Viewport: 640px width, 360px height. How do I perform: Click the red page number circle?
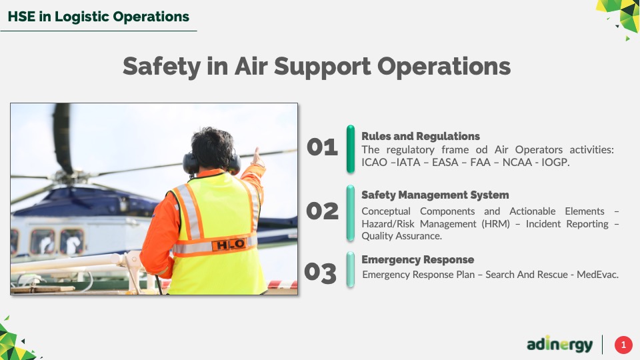pos(623,345)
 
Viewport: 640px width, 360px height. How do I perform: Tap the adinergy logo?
pos(559,345)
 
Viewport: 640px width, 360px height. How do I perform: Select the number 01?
pos(322,147)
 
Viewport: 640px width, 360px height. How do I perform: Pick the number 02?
pos(322,211)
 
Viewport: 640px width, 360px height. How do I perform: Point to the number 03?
pos(321,273)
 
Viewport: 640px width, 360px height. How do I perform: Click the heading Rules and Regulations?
pos(421,136)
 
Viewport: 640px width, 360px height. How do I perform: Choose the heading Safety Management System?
pos(435,195)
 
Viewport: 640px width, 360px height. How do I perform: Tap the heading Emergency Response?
pos(417,260)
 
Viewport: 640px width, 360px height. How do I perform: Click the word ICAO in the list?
pos(374,162)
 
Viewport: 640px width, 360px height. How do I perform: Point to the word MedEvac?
pos(597,274)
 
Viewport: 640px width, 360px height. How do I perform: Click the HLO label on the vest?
pos(230,244)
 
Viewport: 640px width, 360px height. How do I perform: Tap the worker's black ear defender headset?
pos(211,163)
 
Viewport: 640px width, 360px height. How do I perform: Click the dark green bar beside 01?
pos(351,149)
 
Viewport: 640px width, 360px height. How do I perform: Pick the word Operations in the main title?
pos(444,67)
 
